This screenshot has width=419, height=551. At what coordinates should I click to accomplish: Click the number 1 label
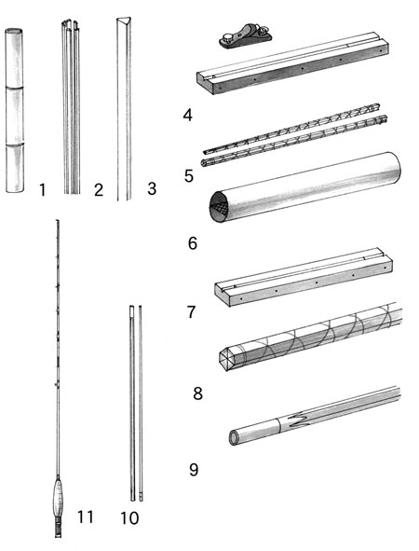tap(43, 190)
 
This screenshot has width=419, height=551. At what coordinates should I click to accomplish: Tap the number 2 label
tap(99, 190)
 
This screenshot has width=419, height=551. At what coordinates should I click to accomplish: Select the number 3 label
tap(151, 188)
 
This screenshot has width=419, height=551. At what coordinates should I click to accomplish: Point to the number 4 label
tap(188, 115)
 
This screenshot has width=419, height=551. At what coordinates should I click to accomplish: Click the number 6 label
tap(193, 243)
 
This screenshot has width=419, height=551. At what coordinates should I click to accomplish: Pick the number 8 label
tap(197, 393)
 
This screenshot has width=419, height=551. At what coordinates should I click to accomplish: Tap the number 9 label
tap(194, 470)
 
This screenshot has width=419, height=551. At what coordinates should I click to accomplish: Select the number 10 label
tap(129, 518)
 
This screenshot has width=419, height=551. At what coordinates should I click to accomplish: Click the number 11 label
tap(86, 517)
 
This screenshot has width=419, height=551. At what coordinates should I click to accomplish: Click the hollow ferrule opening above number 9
tap(234, 438)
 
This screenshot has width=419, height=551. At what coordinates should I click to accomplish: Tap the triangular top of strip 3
tap(124, 20)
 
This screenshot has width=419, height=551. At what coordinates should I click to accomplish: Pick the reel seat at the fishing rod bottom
tap(59, 526)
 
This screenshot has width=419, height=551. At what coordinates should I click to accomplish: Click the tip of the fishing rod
tap(57, 221)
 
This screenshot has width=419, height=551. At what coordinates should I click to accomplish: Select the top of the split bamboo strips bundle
tap(71, 24)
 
